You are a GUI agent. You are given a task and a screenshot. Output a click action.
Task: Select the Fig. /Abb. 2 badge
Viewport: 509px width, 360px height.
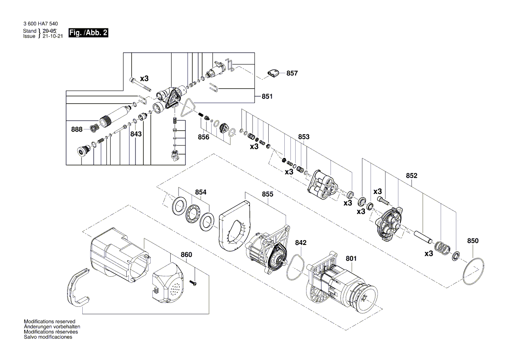coord(88,34)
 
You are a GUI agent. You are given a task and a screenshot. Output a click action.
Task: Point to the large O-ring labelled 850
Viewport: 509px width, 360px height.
coord(473,271)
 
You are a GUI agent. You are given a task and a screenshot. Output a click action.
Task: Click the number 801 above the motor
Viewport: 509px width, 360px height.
coord(351,258)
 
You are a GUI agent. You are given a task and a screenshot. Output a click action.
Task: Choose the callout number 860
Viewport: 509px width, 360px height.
coord(186,255)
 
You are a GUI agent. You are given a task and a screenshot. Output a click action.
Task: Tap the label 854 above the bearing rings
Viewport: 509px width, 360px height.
coord(200,192)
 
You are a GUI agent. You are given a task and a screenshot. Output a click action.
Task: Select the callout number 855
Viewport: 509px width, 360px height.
coord(267,194)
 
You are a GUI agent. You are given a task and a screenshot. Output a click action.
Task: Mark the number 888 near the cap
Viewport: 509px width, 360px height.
coord(77,129)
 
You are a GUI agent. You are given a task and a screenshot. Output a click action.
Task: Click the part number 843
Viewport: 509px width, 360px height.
coord(136,134)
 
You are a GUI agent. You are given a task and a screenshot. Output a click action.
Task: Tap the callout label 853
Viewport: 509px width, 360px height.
coord(303,137)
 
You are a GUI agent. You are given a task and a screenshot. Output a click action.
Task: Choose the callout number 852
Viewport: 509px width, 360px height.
coord(411,176)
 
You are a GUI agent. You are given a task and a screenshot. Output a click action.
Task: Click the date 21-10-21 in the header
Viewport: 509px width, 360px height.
coord(53,37)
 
